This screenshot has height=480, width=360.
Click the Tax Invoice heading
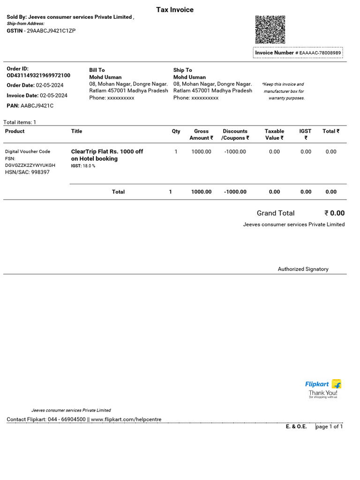(x=175, y=10)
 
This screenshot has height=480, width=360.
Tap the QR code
(x=270, y=30)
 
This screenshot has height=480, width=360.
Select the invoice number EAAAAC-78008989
(x=321, y=53)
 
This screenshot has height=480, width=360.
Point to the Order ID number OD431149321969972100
(x=38, y=75)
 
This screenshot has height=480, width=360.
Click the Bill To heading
(x=97, y=70)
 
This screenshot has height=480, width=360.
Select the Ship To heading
(x=182, y=70)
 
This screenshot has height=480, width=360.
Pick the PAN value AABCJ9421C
(x=37, y=106)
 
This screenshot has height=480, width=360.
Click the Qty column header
(x=176, y=131)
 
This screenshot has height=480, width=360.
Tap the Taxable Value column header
(x=274, y=135)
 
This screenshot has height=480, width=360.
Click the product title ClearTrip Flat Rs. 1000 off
(x=107, y=151)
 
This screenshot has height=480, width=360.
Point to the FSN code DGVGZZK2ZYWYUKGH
(x=30, y=165)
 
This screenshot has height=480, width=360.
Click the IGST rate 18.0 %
(x=89, y=166)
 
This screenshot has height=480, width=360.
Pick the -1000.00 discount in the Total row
(x=235, y=192)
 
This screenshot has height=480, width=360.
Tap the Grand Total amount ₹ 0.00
(x=334, y=213)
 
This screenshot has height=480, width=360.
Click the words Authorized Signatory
(x=303, y=269)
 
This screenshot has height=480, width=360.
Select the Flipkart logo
(x=323, y=384)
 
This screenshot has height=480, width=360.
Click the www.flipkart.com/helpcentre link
(x=126, y=419)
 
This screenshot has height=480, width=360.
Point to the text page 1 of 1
(x=330, y=427)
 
